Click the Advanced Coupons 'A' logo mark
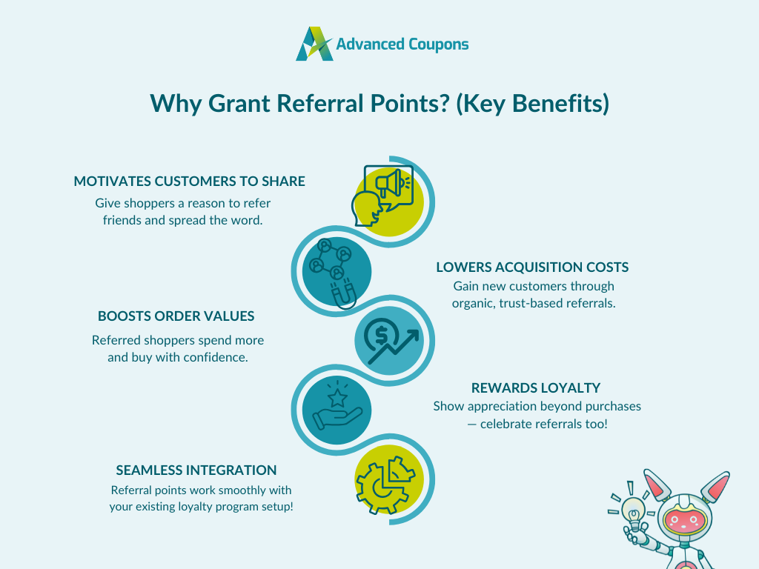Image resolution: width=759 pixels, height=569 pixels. point(314,44)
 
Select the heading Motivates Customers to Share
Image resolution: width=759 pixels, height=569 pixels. point(189,181)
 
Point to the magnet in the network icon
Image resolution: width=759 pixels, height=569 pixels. point(343,293)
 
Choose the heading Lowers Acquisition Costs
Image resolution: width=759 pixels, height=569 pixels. point(532,267)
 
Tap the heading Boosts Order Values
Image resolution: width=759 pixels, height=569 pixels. point(176,316)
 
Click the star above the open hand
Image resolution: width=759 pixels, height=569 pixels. point(337,399)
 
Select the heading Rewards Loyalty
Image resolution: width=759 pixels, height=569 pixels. point(536,387)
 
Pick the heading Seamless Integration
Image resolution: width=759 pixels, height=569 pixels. point(196,470)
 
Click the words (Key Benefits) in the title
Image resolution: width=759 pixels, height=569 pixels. point(532,104)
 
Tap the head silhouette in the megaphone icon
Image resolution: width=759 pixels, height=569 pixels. point(367,209)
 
